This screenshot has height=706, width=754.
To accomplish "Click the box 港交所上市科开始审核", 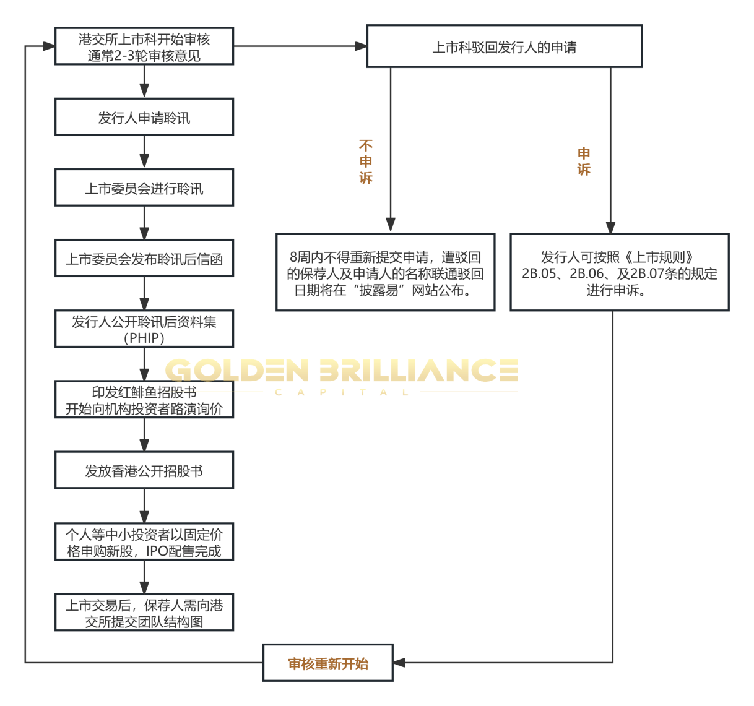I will pos(144,46).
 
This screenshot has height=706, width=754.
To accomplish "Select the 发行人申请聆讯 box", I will pos(144,117).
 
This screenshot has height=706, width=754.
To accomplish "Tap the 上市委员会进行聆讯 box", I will pos(144,188).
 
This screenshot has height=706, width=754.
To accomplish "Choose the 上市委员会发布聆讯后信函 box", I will pos(144,259).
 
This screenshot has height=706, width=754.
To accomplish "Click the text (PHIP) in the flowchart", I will pos(144,338).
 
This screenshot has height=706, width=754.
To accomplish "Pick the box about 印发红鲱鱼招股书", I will pos(144,400).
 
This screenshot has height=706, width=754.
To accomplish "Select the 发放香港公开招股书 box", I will pos(144,470).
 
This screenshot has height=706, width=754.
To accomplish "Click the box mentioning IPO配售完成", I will pos(144,542).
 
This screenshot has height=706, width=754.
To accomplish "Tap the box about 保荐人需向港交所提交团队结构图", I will pos(144,613).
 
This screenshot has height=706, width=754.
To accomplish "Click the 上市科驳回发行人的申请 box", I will pos(504,47).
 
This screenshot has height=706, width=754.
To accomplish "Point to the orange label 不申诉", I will pos(366,161).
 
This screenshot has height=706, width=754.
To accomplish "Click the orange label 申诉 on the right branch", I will pos(584,161).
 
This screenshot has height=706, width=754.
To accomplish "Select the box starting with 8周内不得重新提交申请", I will pos(385,272).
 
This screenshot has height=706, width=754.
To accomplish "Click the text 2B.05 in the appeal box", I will pos(539,273).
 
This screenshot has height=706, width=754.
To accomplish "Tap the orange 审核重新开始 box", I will pos(327,663).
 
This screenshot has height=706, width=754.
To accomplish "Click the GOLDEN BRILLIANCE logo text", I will pos(341,370).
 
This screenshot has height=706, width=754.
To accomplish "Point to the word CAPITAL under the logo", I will pos(341,392).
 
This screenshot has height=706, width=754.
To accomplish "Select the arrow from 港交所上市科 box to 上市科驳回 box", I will pos(300,46).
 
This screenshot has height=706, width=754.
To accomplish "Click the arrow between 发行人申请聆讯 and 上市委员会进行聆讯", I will pos(144,152).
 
